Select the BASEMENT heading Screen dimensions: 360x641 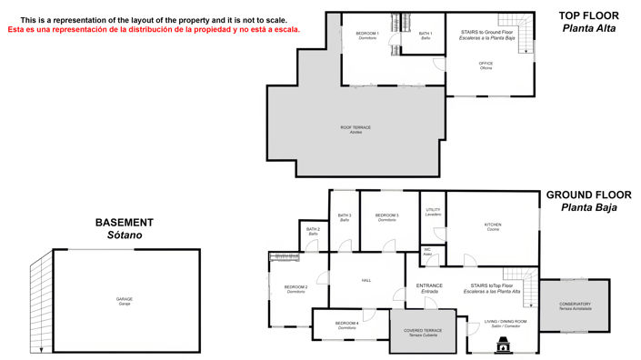coord(125,223)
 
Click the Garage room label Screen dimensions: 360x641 coord(125,299)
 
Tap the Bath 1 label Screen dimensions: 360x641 coord(426,35)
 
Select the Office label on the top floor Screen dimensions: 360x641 coord(486,64)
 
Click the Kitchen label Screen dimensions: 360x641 coord(493,225)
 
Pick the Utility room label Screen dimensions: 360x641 coord(434,211)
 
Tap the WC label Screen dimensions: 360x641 coord(426,250)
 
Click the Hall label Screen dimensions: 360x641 coord(366,280)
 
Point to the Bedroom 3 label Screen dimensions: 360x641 coord(387,215)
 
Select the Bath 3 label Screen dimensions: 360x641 coord(345,215)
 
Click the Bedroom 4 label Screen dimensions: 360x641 coord(346,324)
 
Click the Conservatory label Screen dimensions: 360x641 coord(575,305)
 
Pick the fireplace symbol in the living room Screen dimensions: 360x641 coord(503,344)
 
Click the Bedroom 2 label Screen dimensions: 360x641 coord(295,288)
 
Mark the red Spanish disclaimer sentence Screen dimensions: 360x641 coord(154,29)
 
